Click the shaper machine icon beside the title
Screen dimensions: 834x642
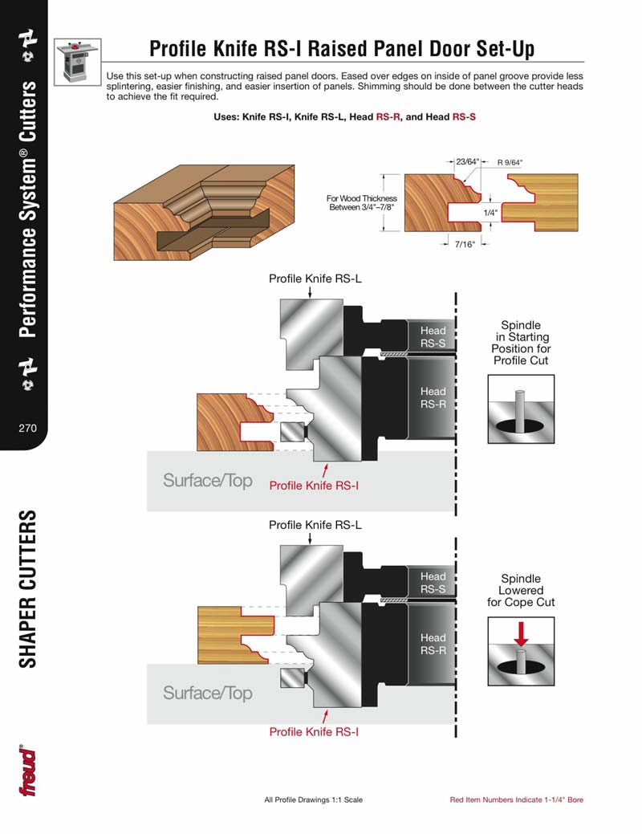77,61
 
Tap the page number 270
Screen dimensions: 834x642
28,428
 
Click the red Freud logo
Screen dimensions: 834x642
28,771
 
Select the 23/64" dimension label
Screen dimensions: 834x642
466,161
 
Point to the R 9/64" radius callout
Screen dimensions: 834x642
515,161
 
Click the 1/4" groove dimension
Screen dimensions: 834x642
490,213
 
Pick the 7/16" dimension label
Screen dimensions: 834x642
465,243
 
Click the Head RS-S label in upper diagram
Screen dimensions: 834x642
433,337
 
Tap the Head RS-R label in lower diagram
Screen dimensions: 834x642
433,644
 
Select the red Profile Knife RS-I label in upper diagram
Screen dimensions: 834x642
314,486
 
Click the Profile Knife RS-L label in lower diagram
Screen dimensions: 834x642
315,525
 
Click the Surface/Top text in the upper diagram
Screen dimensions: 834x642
207,481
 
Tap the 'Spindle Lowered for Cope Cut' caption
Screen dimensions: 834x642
521,590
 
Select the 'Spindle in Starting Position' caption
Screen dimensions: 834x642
521,343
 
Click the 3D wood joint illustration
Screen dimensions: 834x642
193,209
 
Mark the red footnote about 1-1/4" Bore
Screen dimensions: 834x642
516,800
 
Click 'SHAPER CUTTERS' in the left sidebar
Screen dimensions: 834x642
28,588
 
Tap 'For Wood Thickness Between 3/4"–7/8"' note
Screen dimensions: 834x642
361,203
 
